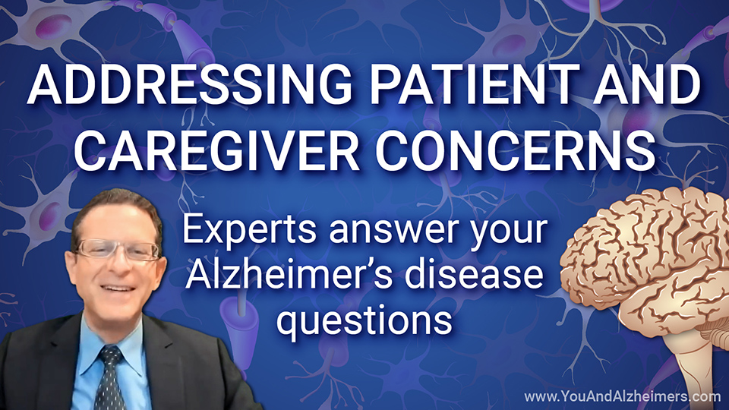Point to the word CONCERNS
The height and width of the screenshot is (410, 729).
pyautogui.click(x=516, y=150)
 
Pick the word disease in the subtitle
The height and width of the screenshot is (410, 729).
pyautogui.click(x=474, y=274)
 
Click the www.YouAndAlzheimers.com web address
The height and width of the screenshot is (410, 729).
pyautogui.click(x=623, y=396)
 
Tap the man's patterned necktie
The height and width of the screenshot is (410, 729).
pyautogui.click(x=109, y=378)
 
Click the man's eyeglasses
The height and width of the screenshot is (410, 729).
pyautogui.click(x=118, y=250)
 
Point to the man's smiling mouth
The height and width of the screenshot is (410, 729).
pyautogui.click(x=115, y=289)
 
